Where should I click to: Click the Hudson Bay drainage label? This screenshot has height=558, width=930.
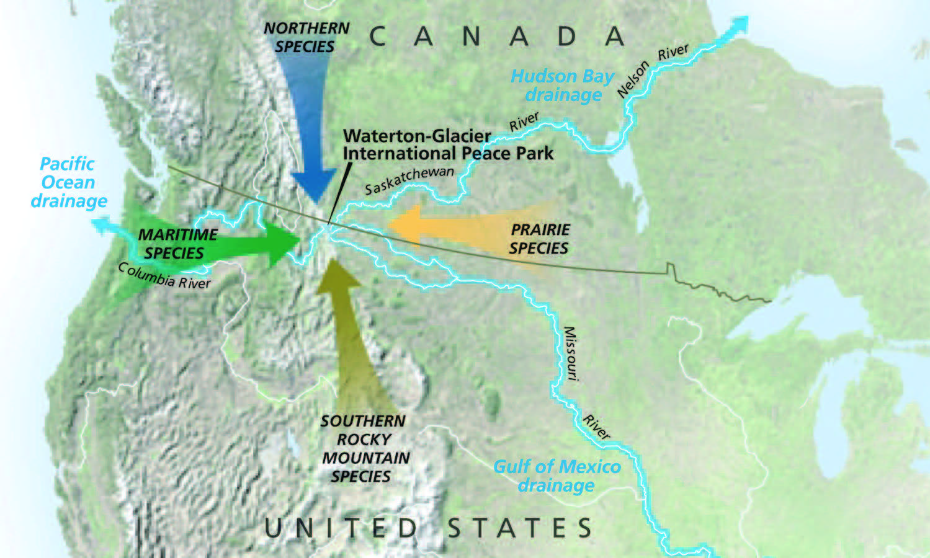(x=562, y=86)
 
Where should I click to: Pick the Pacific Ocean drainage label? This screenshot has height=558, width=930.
(x=68, y=182)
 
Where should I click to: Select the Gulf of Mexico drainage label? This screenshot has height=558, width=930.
(x=557, y=476)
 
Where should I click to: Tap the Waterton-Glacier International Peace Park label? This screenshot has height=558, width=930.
(x=448, y=144)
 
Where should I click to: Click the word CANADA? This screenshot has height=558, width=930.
(x=496, y=37)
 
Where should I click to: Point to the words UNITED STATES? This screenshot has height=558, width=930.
(x=428, y=528)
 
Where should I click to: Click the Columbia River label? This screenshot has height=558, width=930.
(x=164, y=276)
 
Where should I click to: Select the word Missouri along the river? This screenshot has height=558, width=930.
(x=570, y=353)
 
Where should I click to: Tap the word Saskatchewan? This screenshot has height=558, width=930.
(x=409, y=180)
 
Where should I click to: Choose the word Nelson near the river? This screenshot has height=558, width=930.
(x=633, y=79)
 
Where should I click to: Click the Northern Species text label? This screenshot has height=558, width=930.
(x=306, y=37)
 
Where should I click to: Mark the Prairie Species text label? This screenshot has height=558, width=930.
(x=540, y=239)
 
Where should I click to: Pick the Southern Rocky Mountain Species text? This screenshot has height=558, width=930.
(x=364, y=448)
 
